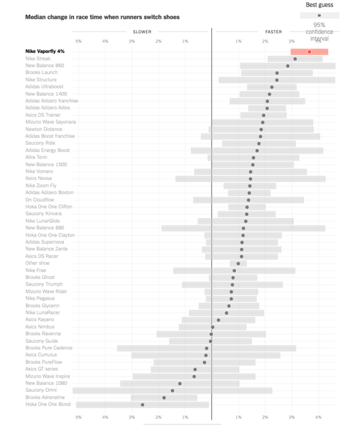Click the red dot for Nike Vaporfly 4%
click(309, 52)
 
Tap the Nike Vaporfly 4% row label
click(45, 51)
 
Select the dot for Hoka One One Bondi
click(143, 404)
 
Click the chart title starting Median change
click(102, 17)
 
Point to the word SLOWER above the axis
click(142, 32)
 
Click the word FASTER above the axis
click(273, 32)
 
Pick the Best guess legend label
click(319, 5)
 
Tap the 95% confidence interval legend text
click(319, 32)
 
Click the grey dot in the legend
click(319, 15)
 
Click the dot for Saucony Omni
click(172, 390)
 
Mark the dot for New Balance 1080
click(179, 383)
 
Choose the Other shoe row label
click(37, 263)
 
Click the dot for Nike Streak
click(295, 59)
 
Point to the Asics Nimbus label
click(40, 326)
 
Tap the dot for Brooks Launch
click(277, 73)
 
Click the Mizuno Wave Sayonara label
click(51, 122)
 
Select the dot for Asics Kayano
click(219, 320)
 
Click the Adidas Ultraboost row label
click(44, 87)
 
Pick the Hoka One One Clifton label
click(49, 207)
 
